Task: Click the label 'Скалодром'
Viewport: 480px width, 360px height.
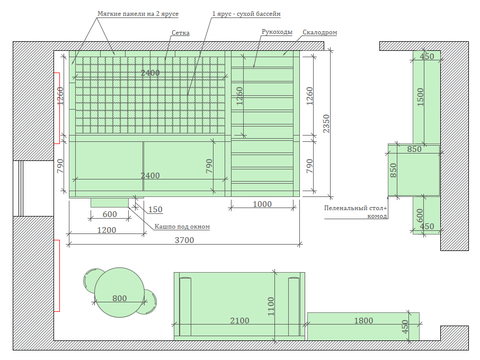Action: click(319, 32)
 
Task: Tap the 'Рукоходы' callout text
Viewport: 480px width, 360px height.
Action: click(277, 32)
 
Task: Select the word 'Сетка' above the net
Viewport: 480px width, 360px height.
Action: click(180, 33)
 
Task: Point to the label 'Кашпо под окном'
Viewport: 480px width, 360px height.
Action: click(182, 227)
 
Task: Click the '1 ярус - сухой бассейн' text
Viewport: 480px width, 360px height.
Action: click(246, 14)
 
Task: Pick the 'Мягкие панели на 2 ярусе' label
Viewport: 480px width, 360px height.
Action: click(138, 14)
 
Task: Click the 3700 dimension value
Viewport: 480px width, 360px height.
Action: click(184, 240)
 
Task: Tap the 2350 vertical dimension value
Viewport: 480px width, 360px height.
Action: click(326, 123)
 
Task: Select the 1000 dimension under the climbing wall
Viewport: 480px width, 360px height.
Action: click(262, 204)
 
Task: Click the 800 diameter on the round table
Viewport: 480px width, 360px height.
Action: click(119, 298)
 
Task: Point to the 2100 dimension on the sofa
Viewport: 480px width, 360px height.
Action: click(239, 320)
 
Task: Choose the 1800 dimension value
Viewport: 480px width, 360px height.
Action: click(363, 320)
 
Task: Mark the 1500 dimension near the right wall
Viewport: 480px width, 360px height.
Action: click(421, 97)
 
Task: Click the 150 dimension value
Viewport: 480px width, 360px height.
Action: click(155, 210)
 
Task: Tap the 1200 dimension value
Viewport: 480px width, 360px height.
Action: click(106, 230)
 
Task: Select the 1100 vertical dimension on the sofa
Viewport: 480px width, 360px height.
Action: click(271, 307)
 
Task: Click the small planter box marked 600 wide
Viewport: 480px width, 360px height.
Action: click(110, 202)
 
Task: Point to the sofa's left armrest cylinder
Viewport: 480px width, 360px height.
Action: click(185, 307)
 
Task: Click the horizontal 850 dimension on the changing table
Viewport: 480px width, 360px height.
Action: click(414, 149)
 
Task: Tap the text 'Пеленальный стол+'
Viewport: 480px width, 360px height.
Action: click(355, 208)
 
